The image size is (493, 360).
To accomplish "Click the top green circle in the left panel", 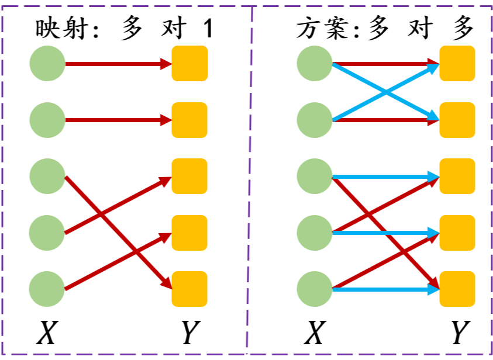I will [x=47, y=63].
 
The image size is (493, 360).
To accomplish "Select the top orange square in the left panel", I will [x=189, y=63].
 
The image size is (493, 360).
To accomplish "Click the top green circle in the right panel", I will [x=315, y=63].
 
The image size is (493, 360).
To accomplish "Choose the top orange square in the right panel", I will [x=457, y=63].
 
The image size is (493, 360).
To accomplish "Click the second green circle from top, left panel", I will [x=47, y=120].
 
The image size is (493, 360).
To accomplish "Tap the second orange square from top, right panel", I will [x=457, y=120].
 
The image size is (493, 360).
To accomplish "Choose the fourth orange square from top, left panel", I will [x=189, y=233].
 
